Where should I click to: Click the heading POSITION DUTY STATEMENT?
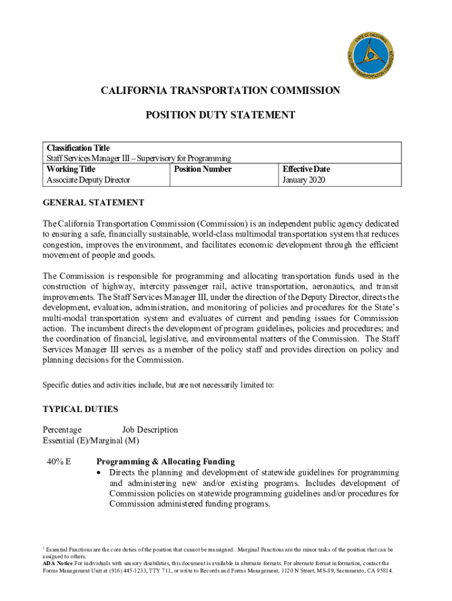coord(220,116)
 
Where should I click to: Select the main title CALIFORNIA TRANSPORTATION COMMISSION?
coord(220,90)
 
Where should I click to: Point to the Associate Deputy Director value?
coord(88,180)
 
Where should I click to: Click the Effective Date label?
coord(306,169)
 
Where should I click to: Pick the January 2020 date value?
coord(303,180)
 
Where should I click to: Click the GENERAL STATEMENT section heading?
coord(93,202)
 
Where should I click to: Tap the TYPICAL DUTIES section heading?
coord(80,409)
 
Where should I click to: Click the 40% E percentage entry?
coord(59,461)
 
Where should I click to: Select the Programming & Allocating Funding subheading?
coord(166,462)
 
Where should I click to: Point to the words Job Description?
coord(150,430)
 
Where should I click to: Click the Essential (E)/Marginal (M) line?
coord(91,440)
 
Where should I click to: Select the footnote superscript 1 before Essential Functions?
coord(44,548)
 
